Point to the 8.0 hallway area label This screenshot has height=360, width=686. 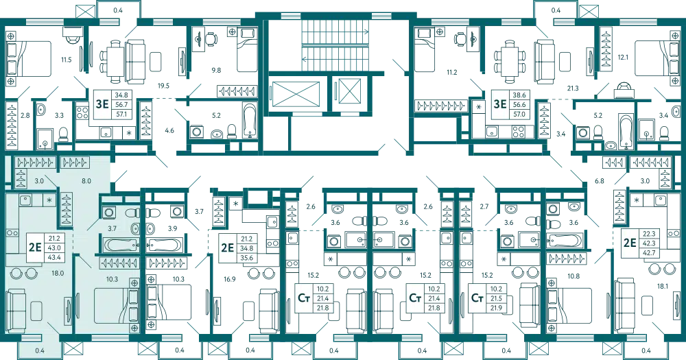86,182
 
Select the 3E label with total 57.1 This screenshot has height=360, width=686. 102,106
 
